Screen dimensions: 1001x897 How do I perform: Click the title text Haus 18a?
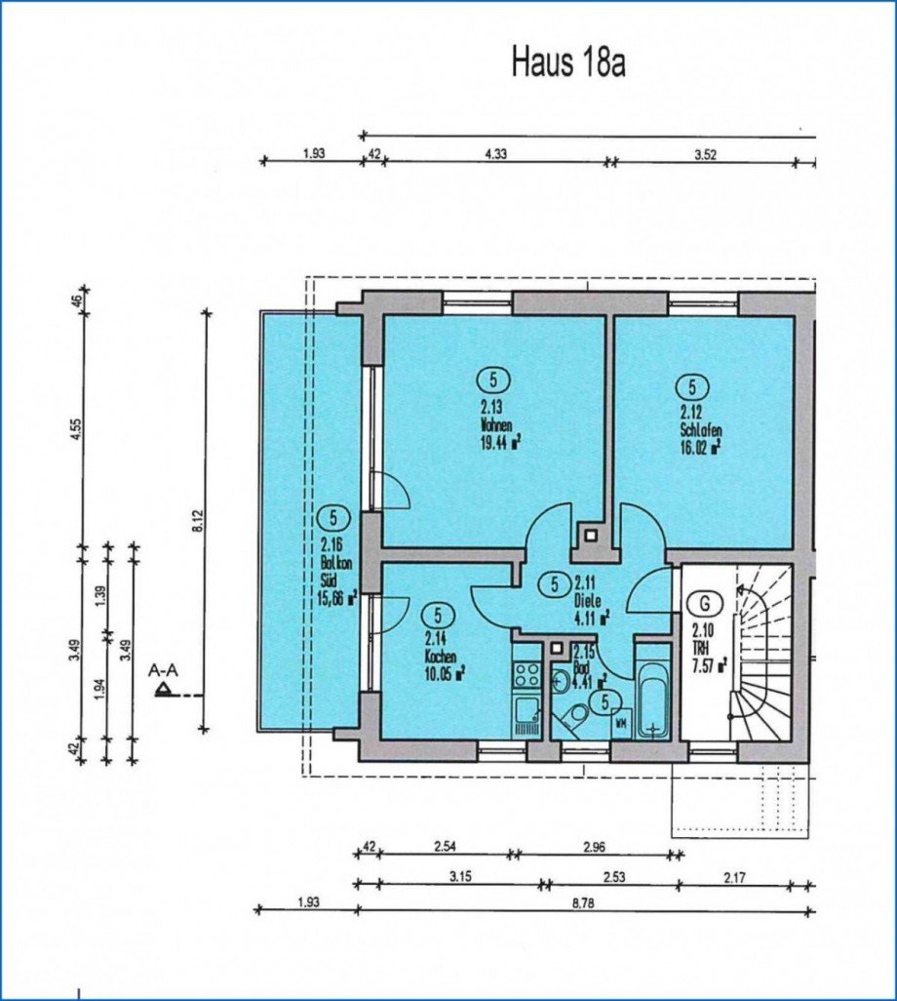coord(567,62)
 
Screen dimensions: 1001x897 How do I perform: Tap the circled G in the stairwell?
coord(699,603)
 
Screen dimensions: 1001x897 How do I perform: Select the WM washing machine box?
coord(620,723)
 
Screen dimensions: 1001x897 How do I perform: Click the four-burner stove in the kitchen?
coord(526,673)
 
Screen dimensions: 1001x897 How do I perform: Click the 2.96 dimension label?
coord(595,846)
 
